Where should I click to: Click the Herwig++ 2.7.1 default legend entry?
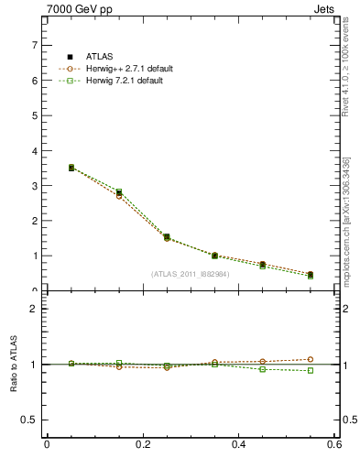pos(123,69)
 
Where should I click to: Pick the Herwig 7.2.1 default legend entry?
pos(121,81)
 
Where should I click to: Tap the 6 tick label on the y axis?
pos(35,81)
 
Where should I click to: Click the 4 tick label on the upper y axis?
pos(35,150)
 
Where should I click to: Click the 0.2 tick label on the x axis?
pos(142,444)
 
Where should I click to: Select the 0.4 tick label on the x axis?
pos(238,444)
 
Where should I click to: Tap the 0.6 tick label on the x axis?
pos(334,444)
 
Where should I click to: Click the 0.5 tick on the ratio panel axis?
pos(30,420)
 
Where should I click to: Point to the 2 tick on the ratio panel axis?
pos(35,309)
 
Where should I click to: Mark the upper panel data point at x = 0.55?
pos(311,275)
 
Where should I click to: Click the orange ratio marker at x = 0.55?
pos(311,359)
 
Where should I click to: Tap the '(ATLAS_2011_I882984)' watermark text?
pos(191,273)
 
